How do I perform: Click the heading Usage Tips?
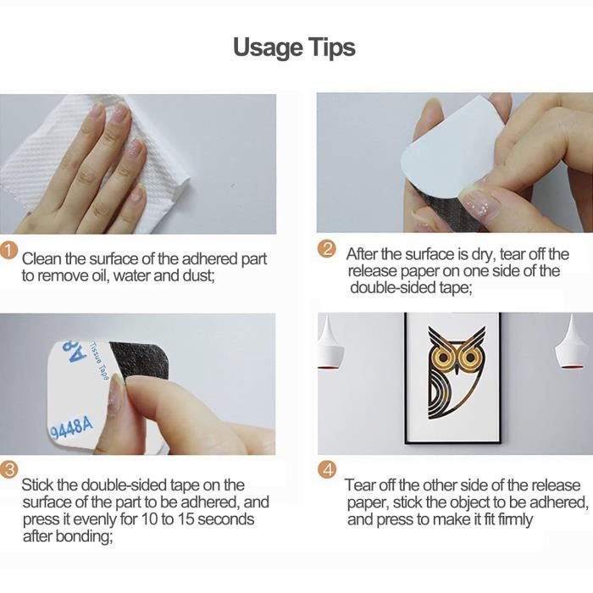(x=294, y=48)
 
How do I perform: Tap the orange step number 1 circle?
(x=8, y=252)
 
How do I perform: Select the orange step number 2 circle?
(x=327, y=250)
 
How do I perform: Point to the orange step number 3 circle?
(x=8, y=469)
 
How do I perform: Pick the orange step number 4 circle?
(x=327, y=470)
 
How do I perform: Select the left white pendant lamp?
(x=330, y=346)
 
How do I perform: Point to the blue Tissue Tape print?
(x=100, y=361)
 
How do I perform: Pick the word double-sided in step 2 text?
(x=393, y=288)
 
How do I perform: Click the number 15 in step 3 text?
(x=186, y=518)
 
